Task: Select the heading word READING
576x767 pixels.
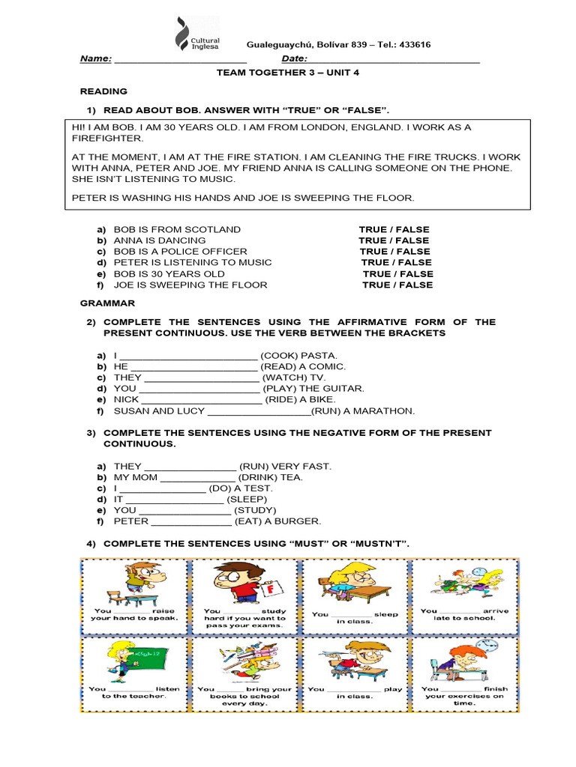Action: click(103, 91)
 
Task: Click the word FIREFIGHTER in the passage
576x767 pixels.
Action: click(107, 139)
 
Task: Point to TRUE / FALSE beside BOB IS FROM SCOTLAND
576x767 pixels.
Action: click(394, 229)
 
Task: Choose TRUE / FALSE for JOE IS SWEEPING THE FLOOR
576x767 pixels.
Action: click(397, 285)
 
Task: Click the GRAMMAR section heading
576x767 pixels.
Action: click(107, 303)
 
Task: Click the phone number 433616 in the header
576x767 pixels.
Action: click(410, 44)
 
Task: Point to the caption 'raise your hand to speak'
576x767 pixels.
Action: click(134, 614)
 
